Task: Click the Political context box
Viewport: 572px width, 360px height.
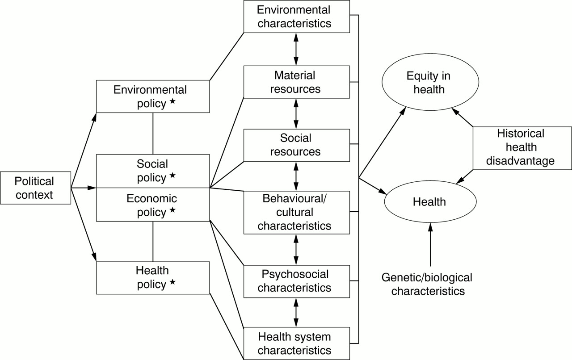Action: coord(35,188)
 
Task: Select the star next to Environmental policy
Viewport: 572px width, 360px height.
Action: coord(172,101)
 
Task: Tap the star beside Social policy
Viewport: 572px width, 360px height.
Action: coord(172,175)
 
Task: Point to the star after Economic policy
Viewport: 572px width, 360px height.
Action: coord(172,210)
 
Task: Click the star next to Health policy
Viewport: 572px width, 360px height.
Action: coord(172,282)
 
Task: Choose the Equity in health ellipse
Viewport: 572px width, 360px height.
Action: coord(430,82)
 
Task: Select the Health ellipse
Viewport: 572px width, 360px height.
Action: coord(430,202)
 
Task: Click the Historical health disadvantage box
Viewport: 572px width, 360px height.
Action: coord(522,148)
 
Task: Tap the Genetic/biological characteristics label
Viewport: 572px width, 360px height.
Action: coord(427,284)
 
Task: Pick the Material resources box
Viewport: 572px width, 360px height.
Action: coord(296,82)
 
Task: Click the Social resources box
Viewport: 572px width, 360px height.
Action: coord(296,145)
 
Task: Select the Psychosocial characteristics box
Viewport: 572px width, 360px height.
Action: coord(296,281)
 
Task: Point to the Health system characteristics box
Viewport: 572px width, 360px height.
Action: coord(296,343)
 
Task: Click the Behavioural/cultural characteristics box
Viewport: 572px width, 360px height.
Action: coord(296,213)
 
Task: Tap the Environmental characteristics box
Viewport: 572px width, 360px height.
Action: coord(296,17)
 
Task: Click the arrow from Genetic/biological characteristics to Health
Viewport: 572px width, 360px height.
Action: coord(430,245)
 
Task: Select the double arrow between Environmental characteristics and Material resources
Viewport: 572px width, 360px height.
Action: coord(296,49)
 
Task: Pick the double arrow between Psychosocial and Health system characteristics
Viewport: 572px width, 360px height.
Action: coord(296,313)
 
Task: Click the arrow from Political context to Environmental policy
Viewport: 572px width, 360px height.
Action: coord(84,151)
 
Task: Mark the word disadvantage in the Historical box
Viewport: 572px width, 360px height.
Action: coord(520,161)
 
